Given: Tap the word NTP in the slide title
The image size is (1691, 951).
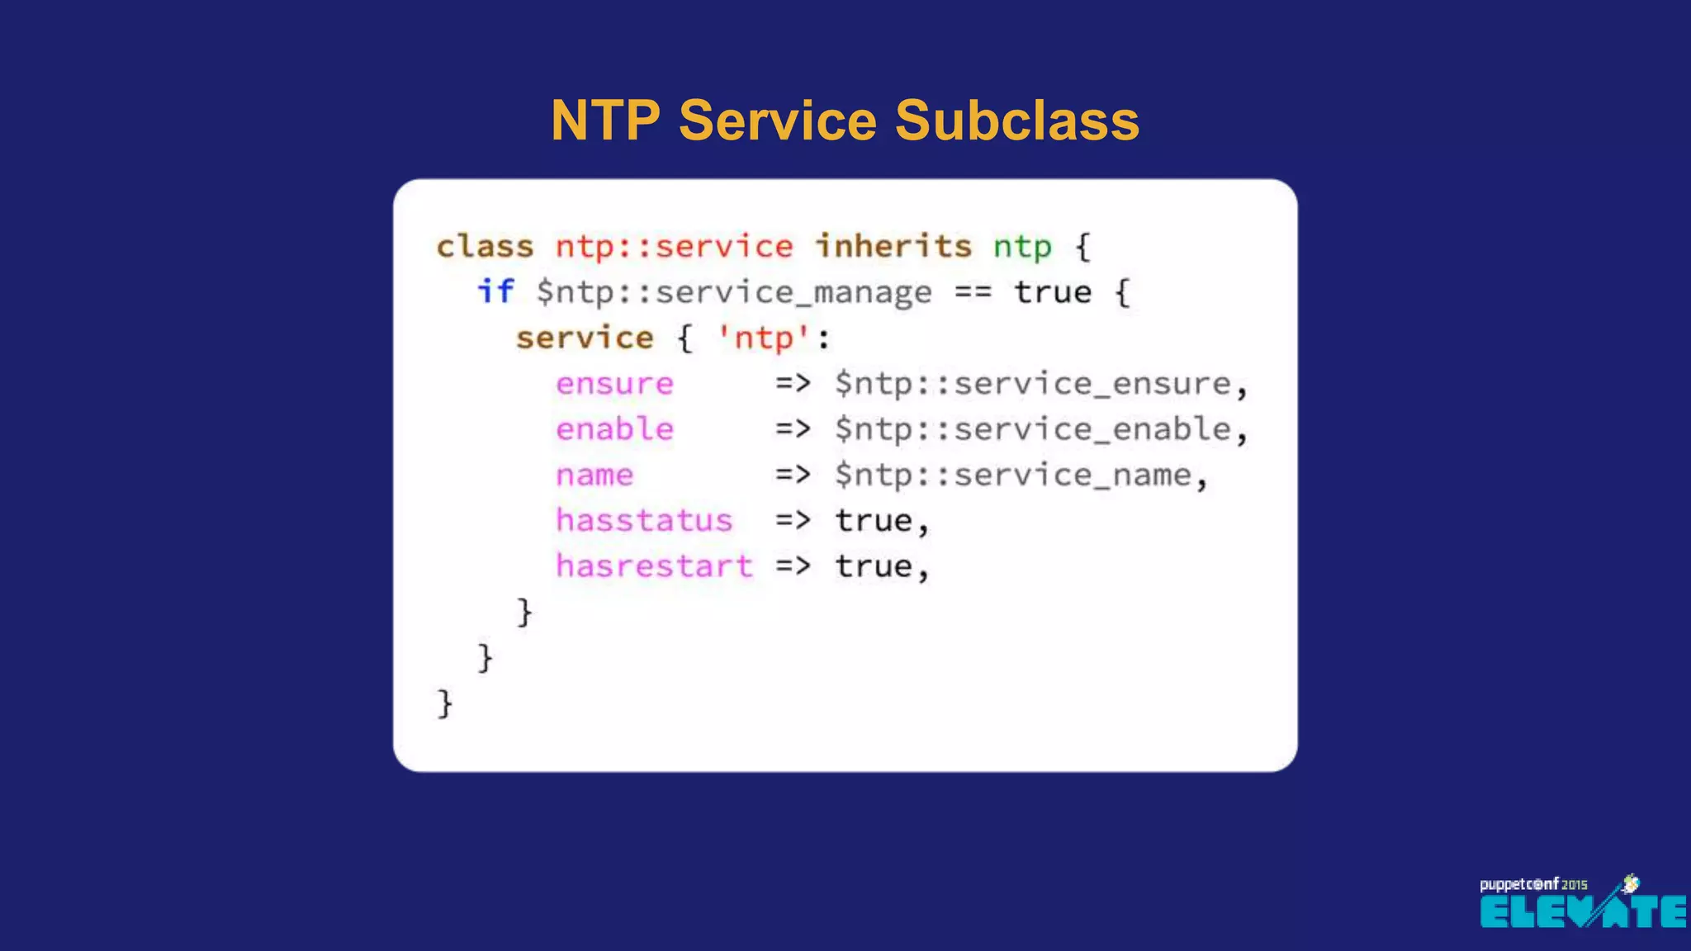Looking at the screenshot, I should click(605, 121).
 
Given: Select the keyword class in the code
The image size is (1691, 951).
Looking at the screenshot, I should click(485, 246).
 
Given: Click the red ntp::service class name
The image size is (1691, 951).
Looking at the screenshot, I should click(674, 246).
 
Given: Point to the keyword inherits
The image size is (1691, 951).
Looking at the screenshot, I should click(893, 246).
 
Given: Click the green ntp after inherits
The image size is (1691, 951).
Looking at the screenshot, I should click(1022, 246).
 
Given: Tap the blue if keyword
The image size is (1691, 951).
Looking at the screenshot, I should click(495, 291).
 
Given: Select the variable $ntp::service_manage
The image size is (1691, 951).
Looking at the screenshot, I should click(734, 292).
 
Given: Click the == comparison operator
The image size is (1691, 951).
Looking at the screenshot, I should click(973, 292).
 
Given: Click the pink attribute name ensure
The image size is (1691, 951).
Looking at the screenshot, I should click(614, 384).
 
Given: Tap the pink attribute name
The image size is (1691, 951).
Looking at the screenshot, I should click(594, 475).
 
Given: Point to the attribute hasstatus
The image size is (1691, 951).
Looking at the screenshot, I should click(644, 521).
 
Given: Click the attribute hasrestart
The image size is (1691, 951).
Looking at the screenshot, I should click(654, 566).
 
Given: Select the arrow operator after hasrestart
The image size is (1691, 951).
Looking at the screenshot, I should click(793, 566).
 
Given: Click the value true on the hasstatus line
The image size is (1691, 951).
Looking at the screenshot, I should click(874, 521).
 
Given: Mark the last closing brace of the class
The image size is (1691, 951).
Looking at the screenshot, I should click(445, 703).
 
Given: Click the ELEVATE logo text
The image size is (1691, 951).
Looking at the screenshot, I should click(1582, 912).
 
